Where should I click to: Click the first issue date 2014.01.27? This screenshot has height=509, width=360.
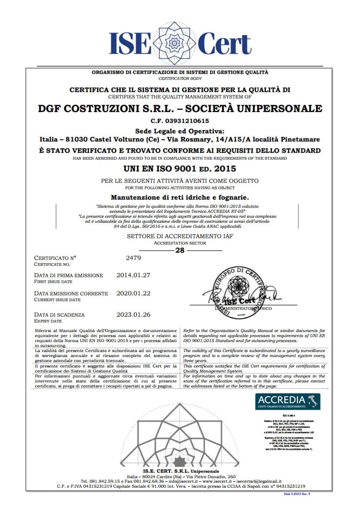pyautogui.click(x=134, y=275)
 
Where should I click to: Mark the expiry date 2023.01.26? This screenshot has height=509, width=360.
pyautogui.click(x=134, y=314)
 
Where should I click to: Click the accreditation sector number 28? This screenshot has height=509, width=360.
pyautogui.click(x=180, y=251)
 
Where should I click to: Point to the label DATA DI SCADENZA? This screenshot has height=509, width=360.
pyautogui.click(x=60, y=314)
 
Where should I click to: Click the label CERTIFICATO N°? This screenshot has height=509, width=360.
pyautogui.click(x=55, y=258)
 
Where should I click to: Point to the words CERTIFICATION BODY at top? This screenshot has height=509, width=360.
pyautogui.click(x=180, y=78)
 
